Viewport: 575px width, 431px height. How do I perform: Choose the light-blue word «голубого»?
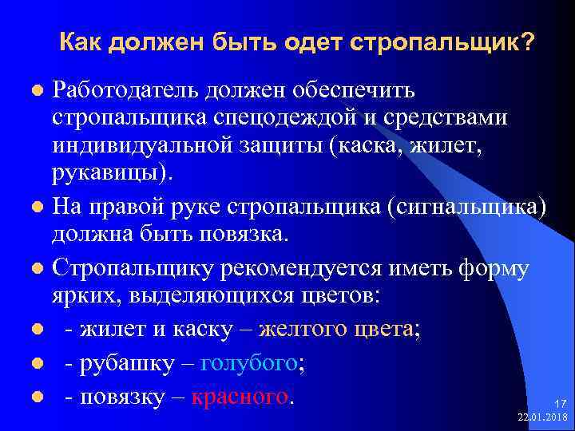click(248, 364)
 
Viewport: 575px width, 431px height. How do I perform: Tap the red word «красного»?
click(240, 397)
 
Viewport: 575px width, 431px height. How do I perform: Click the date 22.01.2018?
click(542, 417)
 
